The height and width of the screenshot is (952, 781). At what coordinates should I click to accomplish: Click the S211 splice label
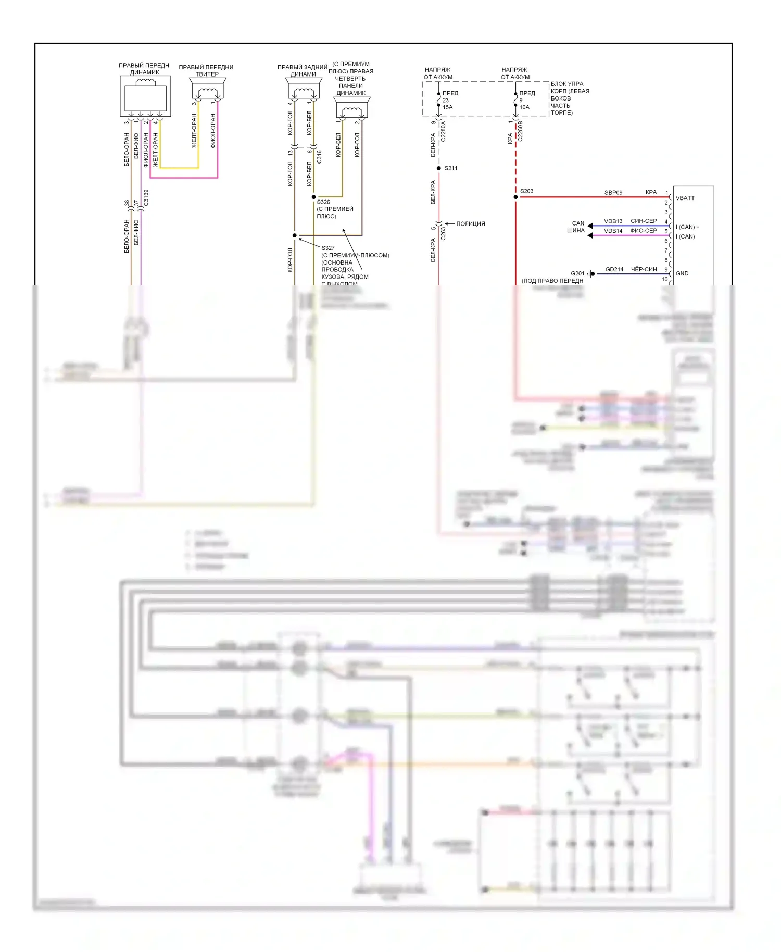pyautogui.click(x=451, y=168)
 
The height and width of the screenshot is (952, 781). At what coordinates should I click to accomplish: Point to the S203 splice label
pyautogui.click(x=526, y=191)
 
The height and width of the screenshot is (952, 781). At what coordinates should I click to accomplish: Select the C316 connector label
pyautogui.click(x=319, y=157)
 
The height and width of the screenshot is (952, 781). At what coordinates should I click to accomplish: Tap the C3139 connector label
pyautogui.click(x=146, y=198)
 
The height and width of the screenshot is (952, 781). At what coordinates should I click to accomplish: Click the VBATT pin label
pyautogui.click(x=685, y=198)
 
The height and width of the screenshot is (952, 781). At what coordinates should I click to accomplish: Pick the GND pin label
pyautogui.click(x=682, y=273)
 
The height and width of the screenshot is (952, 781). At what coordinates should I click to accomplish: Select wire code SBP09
pyautogui.click(x=613, y=193)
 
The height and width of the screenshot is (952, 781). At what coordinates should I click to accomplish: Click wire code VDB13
pyautogui.click(x=613, y=221)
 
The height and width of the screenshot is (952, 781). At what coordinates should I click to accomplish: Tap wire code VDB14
pyautogui.click(x=613, y=231)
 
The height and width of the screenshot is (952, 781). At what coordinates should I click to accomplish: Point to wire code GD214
pyautogui.click(x=614, y=270)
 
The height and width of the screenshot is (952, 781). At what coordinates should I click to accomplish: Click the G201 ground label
pyautogui.click(x=577, y=273)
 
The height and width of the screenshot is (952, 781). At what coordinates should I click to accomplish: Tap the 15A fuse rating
pyautogui.click(x=448, y=107)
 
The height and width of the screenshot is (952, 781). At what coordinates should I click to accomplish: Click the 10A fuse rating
pyautogui.click(x=524, y=107)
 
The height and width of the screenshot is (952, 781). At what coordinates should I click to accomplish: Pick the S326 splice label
pyautogui.click(x=323, y=202)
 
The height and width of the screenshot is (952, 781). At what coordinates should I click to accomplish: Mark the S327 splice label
pyautogui.click(x=328, y=248)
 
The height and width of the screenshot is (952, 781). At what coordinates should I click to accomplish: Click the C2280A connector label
pyautogui.click(x=444, y=132)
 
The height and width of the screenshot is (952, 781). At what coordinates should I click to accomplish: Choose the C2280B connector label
pyautogui.click(x=520, y=132)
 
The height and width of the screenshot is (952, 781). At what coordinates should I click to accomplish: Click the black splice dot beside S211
pyautogui.click(x=439, y=168)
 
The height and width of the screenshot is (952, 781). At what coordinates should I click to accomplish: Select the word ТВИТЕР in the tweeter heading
pyautogui.click(x=207, y=74)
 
